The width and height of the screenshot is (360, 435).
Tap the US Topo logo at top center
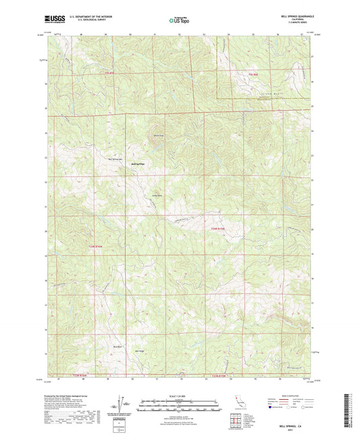[x=178, y=20]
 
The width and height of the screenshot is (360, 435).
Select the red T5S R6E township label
[x=253, y=73]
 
